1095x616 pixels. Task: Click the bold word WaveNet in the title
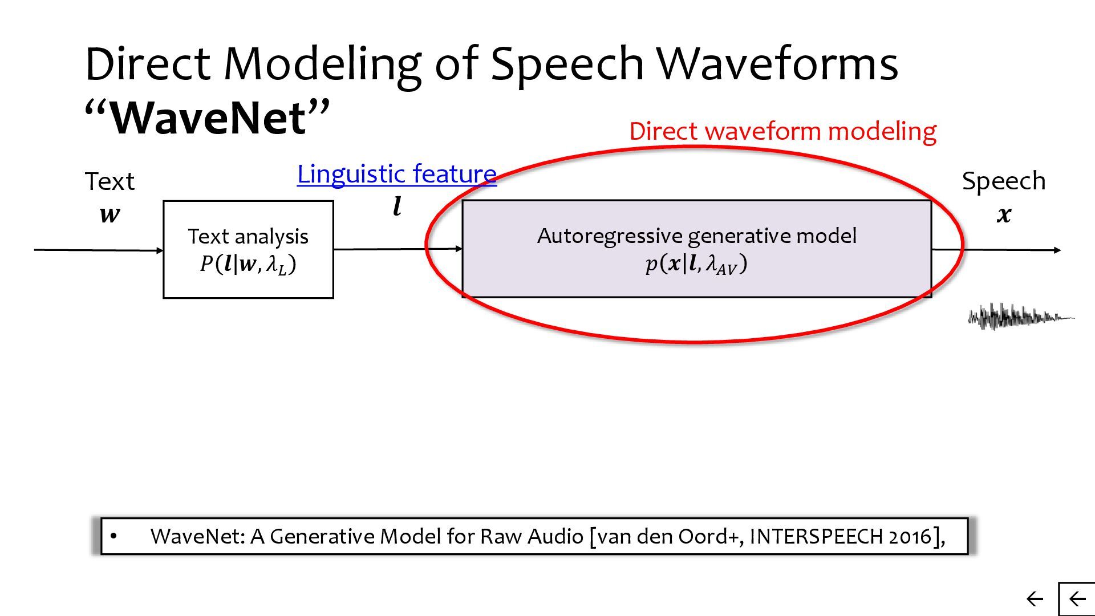click(208, 118)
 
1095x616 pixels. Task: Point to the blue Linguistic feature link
click(396, 174)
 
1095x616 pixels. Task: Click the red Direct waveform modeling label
click(782, 131)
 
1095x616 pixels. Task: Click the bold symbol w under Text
click(109, 214)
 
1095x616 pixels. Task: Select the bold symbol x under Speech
click(1004, 214)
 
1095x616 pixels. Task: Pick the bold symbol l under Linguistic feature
click(397, 206)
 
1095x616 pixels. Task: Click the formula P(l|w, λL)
click(248, 264)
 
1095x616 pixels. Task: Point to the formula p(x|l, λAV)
click(696, 264)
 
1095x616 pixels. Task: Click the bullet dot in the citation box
click(113, 536)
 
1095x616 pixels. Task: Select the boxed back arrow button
click(1077, 599)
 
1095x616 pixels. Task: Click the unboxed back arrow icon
click(1035, 599)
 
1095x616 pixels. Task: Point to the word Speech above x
click(1004, 181)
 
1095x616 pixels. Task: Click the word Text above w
click(109, 181)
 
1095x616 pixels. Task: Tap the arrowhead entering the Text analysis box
click(160, 250)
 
